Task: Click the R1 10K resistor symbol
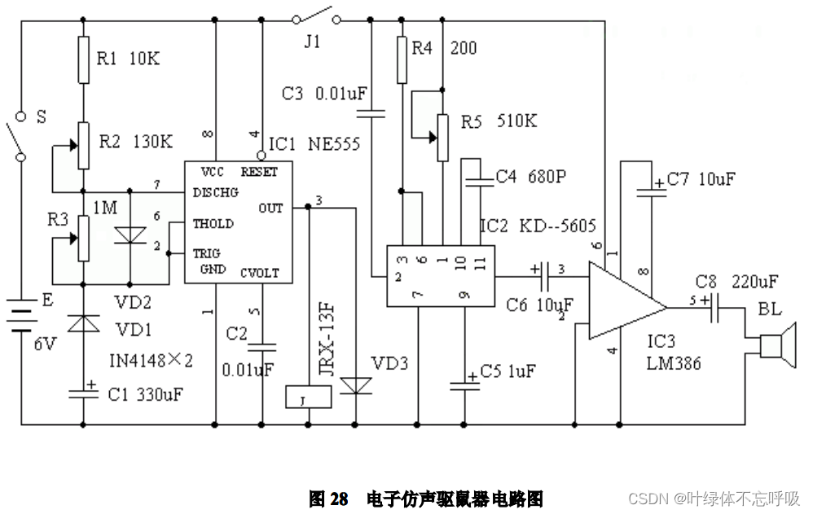[x=83, y=59]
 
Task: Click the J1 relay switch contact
[x=317, y=16]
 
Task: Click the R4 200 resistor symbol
[x=401, y=59]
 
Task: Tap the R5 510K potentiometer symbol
[x=441, y=137]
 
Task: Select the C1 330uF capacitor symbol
[x=83, y=394]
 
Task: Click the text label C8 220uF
[x=736, y=283]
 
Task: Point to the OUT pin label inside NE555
[x=271, y=208]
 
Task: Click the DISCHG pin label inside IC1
[x=215, y=192]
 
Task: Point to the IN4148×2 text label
[x=151, y=360]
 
